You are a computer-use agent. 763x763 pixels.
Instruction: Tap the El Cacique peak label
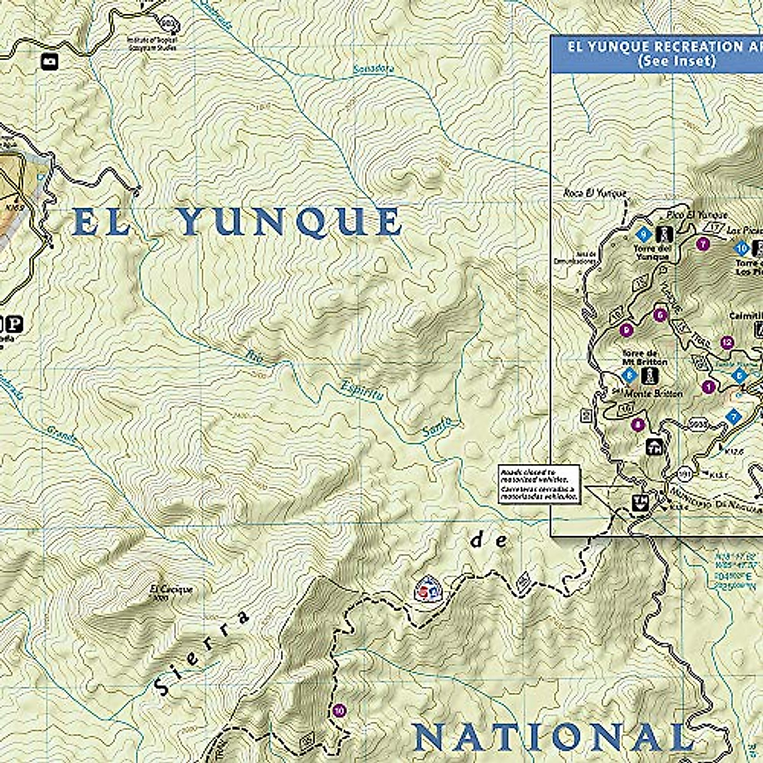coord(171,589)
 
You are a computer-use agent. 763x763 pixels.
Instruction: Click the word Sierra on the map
coord(200,655)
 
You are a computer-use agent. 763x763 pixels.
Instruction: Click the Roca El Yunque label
coord(595,193)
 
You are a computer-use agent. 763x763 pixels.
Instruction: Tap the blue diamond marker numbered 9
coord(644,233)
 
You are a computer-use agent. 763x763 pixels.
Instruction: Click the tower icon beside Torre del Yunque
coord(666,234)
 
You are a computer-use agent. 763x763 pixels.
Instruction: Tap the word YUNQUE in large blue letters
coord(289,222)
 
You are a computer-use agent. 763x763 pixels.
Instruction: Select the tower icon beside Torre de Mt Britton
coord(649,375)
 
